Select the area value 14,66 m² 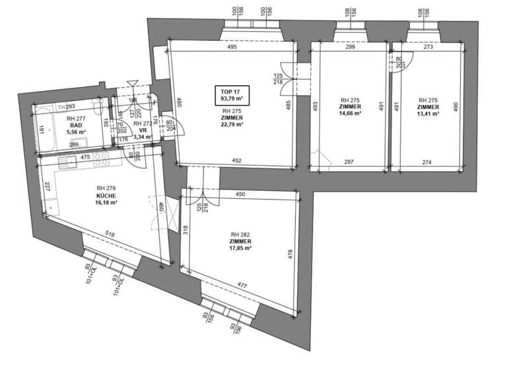click(350, 113)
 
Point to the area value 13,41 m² click(428, 113)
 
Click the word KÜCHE click(106, 196)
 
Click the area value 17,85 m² click(241, 248)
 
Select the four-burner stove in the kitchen click(102, 159)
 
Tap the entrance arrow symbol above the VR click(132, 85)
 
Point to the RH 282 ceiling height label click(238, 235)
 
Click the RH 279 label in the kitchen click(106, 189)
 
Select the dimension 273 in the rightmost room click(428, 48)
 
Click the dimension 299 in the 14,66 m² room click(350, 48)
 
